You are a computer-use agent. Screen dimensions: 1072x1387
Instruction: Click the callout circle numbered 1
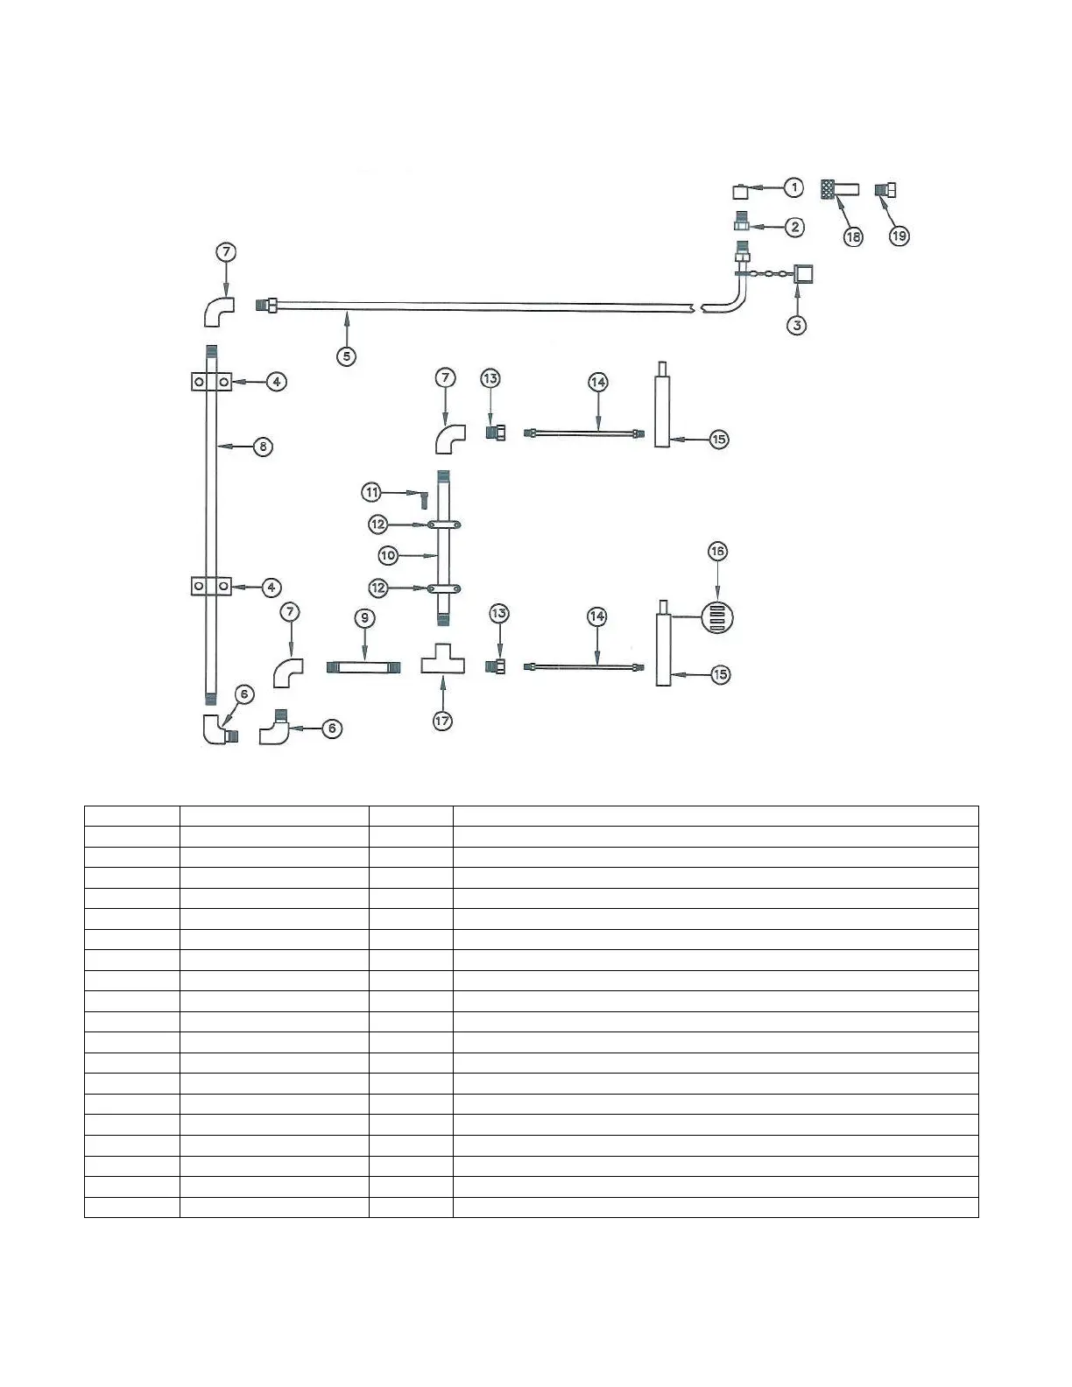point(793,187)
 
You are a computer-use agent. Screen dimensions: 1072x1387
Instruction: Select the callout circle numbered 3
point(796,325)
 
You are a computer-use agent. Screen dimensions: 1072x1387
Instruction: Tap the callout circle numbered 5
point(348,356)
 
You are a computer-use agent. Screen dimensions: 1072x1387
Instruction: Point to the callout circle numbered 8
point(263,447)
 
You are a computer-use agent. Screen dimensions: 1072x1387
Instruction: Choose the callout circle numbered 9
point(365,618)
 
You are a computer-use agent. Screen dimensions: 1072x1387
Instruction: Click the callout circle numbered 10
point(388,555)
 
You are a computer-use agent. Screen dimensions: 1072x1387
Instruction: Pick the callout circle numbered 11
point(372,492)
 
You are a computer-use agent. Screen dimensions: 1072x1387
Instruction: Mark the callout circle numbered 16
point(718,551)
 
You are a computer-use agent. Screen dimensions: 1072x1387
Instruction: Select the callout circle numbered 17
point(443,722)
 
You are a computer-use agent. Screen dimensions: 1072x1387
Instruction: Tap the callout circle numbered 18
point(852,236)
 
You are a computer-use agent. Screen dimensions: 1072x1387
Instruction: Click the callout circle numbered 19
point(899,236)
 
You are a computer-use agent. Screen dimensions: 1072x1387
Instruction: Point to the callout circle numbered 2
point(794,228)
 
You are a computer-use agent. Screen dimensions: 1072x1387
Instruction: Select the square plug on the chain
point(804,275)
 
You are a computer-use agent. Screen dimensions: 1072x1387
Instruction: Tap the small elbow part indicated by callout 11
point(423,500)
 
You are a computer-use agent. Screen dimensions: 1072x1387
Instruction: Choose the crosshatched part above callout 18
point(826,188)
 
